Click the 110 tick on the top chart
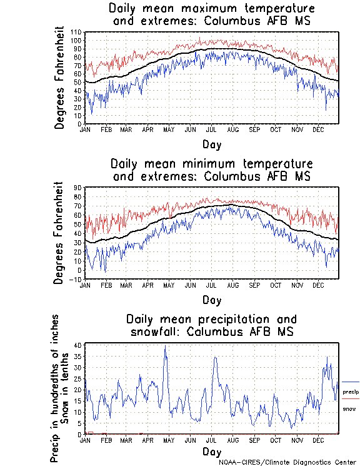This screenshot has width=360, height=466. (x=76, y=32)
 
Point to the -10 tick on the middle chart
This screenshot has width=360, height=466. (x=76, y=280)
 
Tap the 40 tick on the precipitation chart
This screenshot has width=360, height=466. (x=78, y=345)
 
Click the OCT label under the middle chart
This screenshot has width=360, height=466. (x=276, y=285)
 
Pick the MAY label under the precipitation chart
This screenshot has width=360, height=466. (x=169, y=440)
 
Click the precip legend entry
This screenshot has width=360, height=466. (x=351, y=392)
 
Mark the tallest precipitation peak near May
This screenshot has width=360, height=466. (x=165, y=346)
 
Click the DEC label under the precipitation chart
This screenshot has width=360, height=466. (x=318, y=440)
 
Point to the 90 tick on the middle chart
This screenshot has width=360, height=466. (x=78, y=187)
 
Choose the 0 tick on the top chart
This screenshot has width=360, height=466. (x=80, y=124)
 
